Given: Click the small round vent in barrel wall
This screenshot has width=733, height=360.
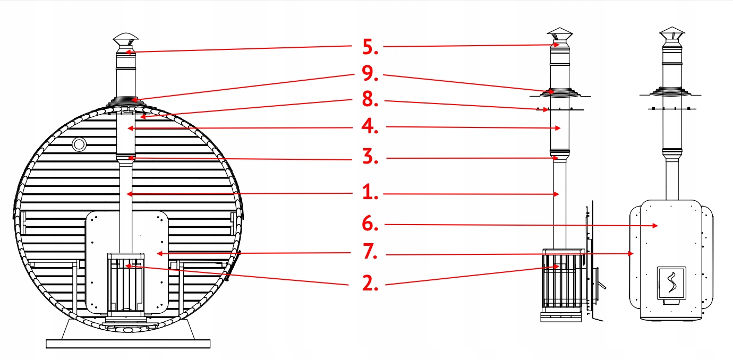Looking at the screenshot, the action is coord(79,143).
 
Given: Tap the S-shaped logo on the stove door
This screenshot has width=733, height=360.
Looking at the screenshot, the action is coord(670,281).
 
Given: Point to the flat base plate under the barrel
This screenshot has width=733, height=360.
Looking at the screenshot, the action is coord(127,344).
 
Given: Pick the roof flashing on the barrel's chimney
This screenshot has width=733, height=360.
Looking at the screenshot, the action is coord(126,100).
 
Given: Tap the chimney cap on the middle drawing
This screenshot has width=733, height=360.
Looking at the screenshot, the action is coord(558,34).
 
